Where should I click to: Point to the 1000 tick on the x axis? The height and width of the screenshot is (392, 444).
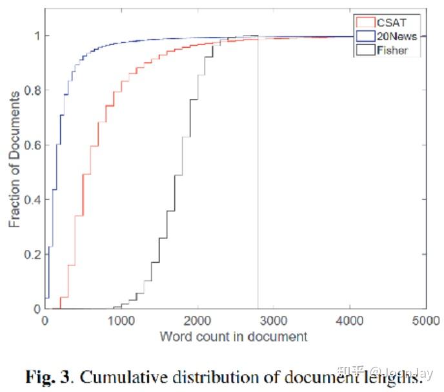(x=121, y=320)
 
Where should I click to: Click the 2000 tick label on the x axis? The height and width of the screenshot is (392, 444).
(x=197, y=320)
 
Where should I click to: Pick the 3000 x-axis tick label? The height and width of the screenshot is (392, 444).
(x=274, y=320)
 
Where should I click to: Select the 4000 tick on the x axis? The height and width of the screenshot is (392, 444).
(x=350, y=320)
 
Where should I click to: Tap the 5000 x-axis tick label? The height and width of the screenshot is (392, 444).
(x=425, y=320)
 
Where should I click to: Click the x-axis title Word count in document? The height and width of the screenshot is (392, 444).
(x=234, y=336)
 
